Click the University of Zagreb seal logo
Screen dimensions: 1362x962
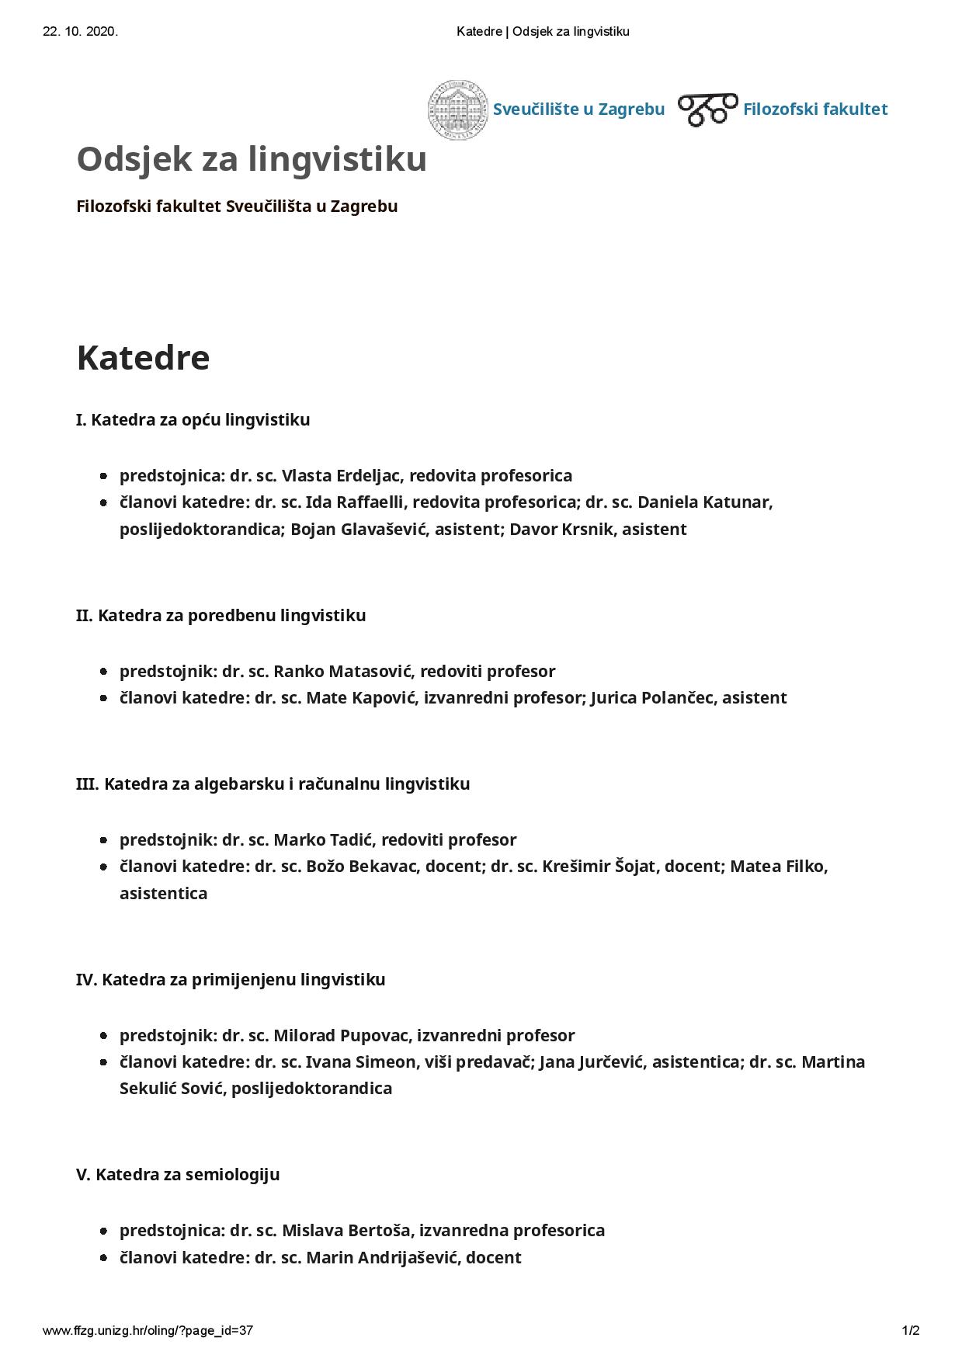[458, 109]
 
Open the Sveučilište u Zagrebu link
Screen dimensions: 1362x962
[578, 109]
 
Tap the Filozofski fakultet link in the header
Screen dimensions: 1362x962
[814, 109]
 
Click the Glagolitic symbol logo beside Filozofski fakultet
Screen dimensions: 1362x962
[707, 109]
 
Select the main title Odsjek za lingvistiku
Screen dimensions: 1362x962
[252, 159]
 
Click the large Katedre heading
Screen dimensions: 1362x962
[143, 358]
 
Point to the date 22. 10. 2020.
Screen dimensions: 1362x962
[80, 32]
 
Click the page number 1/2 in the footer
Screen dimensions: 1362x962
[911, 1331]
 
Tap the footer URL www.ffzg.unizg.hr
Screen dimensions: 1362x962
[148, 1331]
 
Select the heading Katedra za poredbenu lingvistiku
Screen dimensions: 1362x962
[221, 616]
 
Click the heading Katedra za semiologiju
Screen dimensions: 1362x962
[178, 1174]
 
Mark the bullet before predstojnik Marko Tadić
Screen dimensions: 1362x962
[103, 840]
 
